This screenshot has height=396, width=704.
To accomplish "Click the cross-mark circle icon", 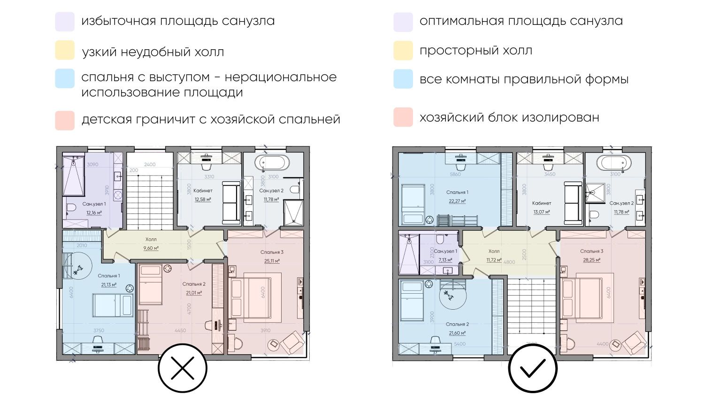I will point(183,368).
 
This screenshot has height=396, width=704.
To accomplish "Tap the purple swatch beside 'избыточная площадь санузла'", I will point(65,22).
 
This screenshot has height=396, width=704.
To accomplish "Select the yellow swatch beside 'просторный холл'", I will point(403,51).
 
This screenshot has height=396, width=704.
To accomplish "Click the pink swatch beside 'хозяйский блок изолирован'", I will point(403,117).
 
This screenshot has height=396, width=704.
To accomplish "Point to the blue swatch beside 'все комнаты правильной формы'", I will point(403,79).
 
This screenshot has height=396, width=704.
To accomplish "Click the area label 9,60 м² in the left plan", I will point(151,248).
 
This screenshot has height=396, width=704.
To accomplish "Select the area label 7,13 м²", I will point(445,259).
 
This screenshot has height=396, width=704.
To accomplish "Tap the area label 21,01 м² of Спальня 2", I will point(194,293).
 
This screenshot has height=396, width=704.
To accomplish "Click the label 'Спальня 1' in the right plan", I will point(457,192).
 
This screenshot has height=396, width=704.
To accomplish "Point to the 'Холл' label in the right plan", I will point(494,251).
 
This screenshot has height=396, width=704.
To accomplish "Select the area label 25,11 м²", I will point(272,261).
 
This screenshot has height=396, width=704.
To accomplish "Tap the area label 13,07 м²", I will point(542,212).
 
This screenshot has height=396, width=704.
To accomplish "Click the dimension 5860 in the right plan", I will point(455,174).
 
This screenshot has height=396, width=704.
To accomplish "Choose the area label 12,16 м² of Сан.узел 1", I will point(94,213).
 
